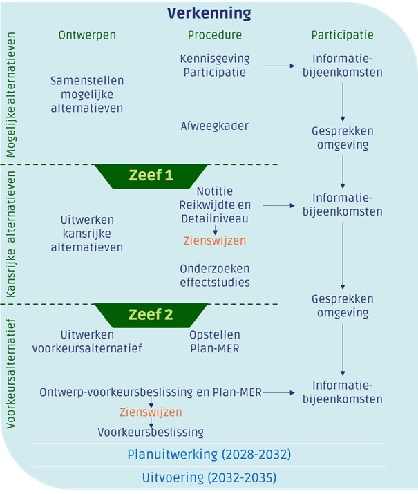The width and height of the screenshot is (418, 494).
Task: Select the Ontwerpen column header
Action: pyautogui.click(x=87, y=35)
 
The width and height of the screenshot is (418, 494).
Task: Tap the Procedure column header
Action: pyautogui.click(x=215, y=35)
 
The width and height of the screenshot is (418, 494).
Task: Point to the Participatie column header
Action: pyautogui.click(x=343, y=35)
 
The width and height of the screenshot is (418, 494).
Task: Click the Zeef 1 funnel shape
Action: pyautogui.click(x=151, y=175)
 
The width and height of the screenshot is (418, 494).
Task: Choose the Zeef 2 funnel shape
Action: pyautogui.click(x=151, y=315)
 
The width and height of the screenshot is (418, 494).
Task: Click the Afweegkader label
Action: pyautogui.click(x=214, y=126)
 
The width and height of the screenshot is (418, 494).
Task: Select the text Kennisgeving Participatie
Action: pyautogui.click(x=215, y=66)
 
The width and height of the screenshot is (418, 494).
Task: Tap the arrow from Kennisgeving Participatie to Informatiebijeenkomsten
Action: pyautogui.click(x=278, y=66)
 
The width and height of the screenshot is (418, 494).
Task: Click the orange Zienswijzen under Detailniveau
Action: pyautogui.click(x=214, y=241)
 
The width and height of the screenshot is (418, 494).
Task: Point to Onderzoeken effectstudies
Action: pyautogui.click(x=215, y=275)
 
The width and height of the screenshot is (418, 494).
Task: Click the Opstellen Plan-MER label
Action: pyautogui.click(x=215, y=341)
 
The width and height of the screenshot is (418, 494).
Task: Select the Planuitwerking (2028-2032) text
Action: pyautogui.click(x=209, y=455)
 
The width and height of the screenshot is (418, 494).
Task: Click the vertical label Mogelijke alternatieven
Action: pyautogui.click(x=11, y=93)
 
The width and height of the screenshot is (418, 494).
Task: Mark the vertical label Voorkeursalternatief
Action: pyautogui.click(x=11, y=374)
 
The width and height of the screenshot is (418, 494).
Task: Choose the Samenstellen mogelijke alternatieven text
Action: pyautogui.click(x=87, y=95)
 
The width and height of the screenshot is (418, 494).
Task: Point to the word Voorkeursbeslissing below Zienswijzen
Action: pyautogui.click(x=151, y=433)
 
